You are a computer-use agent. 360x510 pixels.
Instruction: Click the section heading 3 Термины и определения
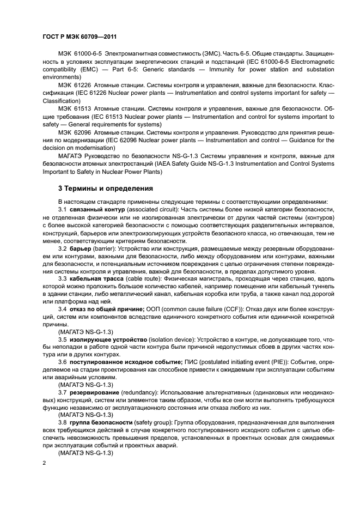(x=106, y=189)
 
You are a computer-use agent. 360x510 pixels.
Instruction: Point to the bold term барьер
(x=80, y=248)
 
